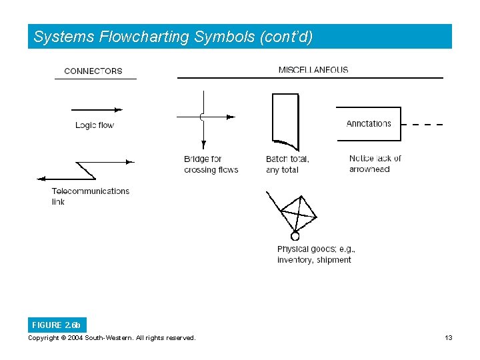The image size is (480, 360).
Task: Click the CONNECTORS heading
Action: point(93,71)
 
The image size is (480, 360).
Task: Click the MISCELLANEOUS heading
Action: point(313,69)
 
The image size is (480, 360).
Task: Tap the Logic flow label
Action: point(95,125)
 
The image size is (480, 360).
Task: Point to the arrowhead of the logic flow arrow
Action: point(119,109)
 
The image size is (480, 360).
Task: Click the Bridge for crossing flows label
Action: point(211,164)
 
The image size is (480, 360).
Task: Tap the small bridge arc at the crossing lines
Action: point(201,117)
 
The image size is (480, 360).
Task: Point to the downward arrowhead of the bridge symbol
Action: point(203,143)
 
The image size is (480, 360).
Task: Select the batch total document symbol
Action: point(285,120)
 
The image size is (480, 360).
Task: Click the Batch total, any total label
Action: point(287,164)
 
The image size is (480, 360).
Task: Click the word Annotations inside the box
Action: point(369,123)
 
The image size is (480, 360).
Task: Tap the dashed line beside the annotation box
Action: point(424,125)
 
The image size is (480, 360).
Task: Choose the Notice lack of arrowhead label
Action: point(375,163)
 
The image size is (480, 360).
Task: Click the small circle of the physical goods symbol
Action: point(295,235)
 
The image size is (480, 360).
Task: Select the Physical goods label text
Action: point(316,254)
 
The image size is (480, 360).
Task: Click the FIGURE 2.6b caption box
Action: point(56,325)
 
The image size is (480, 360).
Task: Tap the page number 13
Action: point(449,338)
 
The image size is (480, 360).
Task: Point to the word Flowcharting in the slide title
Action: point(144,37)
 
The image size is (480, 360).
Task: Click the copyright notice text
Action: point(112,338)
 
